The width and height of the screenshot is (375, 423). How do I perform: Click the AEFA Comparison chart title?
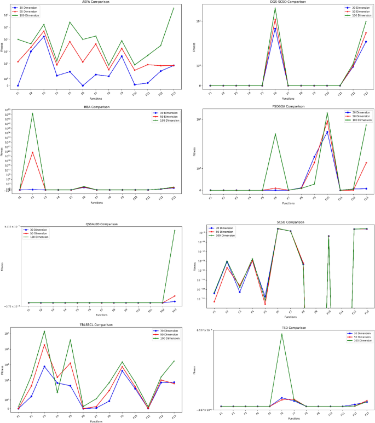[96, 2]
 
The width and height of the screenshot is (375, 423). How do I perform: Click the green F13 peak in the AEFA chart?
[174, 8]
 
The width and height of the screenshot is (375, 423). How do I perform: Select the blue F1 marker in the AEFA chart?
[18, 85]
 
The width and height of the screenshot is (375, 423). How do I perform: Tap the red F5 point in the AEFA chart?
[70, 42]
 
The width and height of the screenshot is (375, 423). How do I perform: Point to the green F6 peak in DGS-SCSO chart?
[275, 8]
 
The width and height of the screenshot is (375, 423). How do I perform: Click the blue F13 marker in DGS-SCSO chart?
[366, 42]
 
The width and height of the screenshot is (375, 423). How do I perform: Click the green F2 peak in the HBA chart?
[33, 113]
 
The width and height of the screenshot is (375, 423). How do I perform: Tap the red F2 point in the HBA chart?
[33, 152]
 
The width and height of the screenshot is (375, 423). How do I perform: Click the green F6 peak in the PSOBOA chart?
[275, 134]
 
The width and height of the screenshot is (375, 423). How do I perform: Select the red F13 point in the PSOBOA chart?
[366, 163]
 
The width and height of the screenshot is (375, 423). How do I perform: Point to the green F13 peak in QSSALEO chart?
[174, 230]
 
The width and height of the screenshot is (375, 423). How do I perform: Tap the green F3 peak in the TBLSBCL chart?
[44, 331]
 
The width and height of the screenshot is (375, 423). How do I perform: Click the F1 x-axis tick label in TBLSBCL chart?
[18, 417]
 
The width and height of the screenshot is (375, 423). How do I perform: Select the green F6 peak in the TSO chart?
[282, 334]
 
